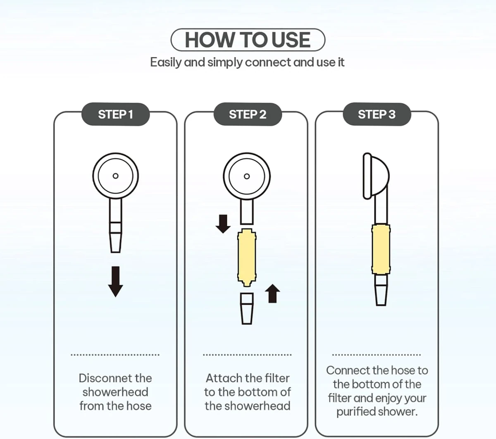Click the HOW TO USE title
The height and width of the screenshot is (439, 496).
(x=248, y=40)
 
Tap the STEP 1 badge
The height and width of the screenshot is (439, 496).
(x=115, y=114)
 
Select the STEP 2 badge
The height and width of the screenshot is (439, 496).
(x=248, y=114)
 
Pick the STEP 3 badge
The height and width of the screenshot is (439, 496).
(x=377, y=114)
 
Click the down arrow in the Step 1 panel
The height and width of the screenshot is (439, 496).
(x=116, y=282)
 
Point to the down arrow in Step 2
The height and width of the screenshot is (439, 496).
(x=223, y=224)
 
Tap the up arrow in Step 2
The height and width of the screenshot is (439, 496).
(x=272, y=293)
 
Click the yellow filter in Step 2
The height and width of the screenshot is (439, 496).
(x=247, y=258)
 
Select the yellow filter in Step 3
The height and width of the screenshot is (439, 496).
(x=381, y=249)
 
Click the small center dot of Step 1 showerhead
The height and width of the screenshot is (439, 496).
(x=116, y=176)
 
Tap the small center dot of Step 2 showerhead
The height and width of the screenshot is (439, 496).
(x=247, y=176)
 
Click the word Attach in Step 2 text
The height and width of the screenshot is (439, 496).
(x=221, y=378)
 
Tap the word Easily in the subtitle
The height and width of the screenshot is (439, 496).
(x=165, y=62)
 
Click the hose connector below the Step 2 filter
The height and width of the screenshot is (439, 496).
(x=247, y=308)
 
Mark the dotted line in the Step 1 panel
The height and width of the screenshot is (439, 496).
(x=115, y=355)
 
